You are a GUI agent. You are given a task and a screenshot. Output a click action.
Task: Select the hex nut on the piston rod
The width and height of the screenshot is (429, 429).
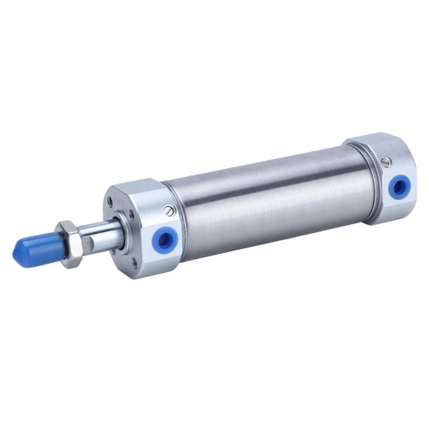tap(72, 243)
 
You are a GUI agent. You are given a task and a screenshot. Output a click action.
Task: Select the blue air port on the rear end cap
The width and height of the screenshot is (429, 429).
tap(398, 186)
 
